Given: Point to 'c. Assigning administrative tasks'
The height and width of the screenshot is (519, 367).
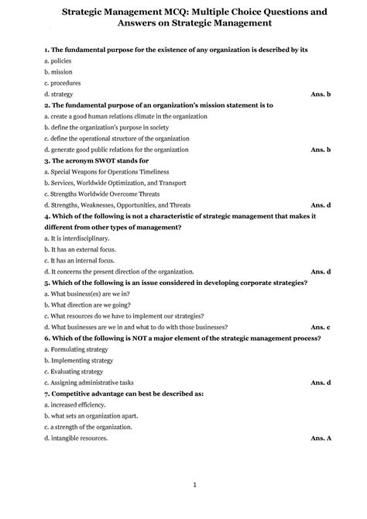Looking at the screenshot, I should pos(90,383).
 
